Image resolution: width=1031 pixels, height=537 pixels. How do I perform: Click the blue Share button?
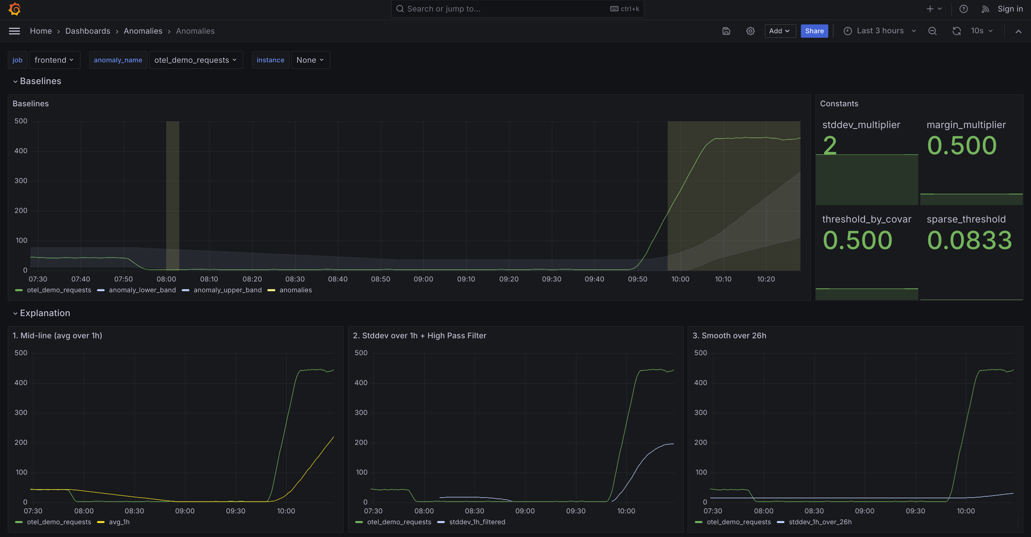[x=814, y=31]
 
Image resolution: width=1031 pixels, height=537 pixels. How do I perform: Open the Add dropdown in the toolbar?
[x=780, y=31]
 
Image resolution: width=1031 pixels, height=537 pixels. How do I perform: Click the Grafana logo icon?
[x=15, y=9]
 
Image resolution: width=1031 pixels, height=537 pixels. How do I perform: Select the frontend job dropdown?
[x=54, y=60]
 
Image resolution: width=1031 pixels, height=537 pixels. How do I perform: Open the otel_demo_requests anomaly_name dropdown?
[x=196, y=60]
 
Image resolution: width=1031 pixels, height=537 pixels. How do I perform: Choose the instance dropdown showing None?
[x=310, y=60]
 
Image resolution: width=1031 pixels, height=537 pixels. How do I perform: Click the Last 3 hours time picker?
[x=880, y=31]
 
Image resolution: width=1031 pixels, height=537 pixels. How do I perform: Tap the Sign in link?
[x=1010, y=9]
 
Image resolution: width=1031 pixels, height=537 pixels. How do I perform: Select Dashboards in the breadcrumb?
[x=88, y=31]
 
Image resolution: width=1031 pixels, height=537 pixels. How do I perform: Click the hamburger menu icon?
[x=14, y=31]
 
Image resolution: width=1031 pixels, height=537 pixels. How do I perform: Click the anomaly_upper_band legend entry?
[x=227, y=290]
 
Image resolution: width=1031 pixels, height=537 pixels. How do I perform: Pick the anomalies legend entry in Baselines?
[x=295, y=290]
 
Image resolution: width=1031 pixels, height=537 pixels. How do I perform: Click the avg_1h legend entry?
[x=119, y=522]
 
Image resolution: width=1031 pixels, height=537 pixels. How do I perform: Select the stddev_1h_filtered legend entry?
[x=477, y=522]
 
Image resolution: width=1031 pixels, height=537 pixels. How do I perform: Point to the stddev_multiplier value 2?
[x=830, y=146]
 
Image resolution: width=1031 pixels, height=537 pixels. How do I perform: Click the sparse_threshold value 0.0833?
[x=969, y=240]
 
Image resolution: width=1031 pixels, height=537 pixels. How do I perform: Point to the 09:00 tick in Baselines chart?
[x=423, y=279]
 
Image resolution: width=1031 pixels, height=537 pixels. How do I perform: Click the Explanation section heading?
[x=45, y=313]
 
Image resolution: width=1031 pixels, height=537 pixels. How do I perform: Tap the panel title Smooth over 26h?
[x=729, y=336]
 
